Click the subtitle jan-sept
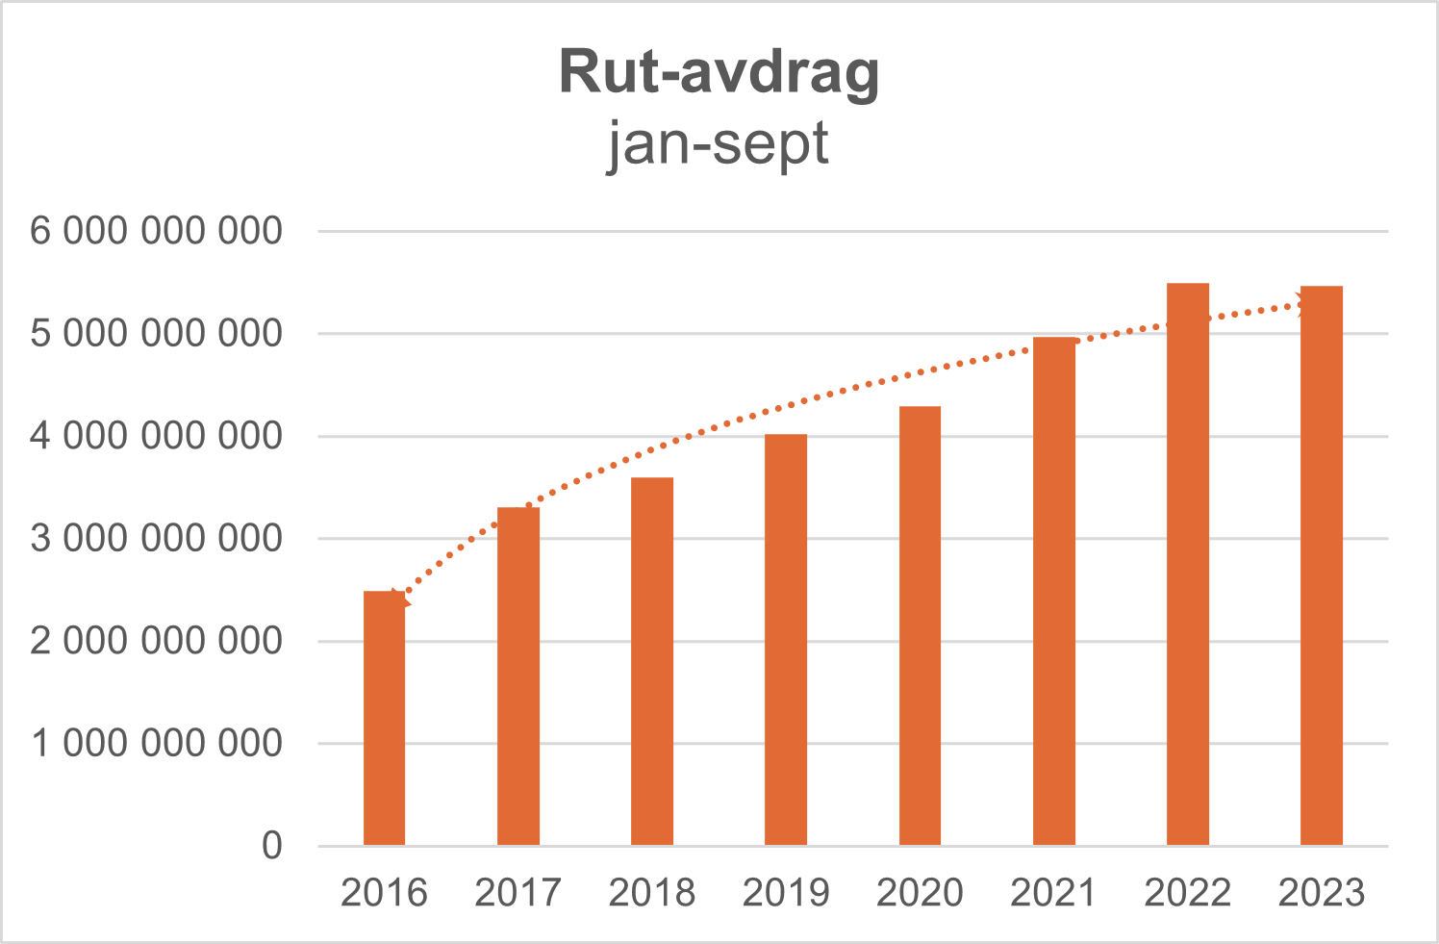718,144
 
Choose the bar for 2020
921,626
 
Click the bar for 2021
1054,592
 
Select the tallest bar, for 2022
1188,565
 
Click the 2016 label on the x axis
384,893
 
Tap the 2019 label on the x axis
786,893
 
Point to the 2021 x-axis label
1053,893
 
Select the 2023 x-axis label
1322,893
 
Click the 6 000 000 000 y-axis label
157,231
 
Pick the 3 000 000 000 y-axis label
157,539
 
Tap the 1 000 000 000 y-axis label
157,744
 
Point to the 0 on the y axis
272,846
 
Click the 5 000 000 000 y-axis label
157,334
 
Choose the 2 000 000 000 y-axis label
157,641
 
